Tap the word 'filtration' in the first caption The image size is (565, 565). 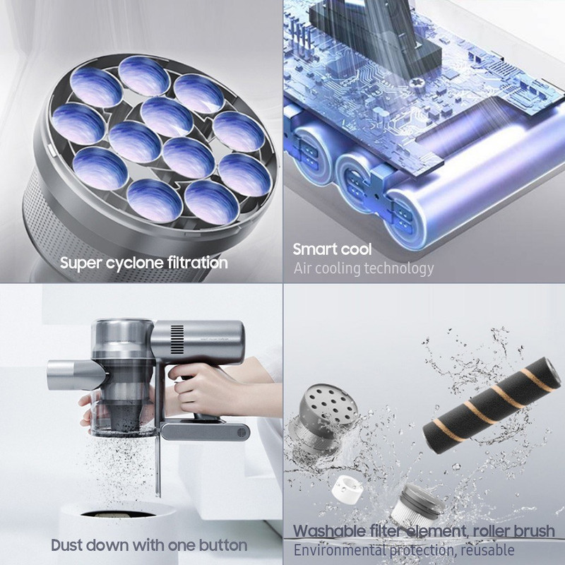tap(193, 262)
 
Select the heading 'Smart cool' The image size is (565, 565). tap(332, 249)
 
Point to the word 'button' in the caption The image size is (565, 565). tap(223, 545)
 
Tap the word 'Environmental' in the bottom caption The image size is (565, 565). tap(340, 550)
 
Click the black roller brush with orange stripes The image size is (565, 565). tap(492, 405)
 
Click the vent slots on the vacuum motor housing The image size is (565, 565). tap(177, 340)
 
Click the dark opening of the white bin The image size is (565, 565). tap(117, 513)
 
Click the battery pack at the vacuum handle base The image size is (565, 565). tap(205, 432)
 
